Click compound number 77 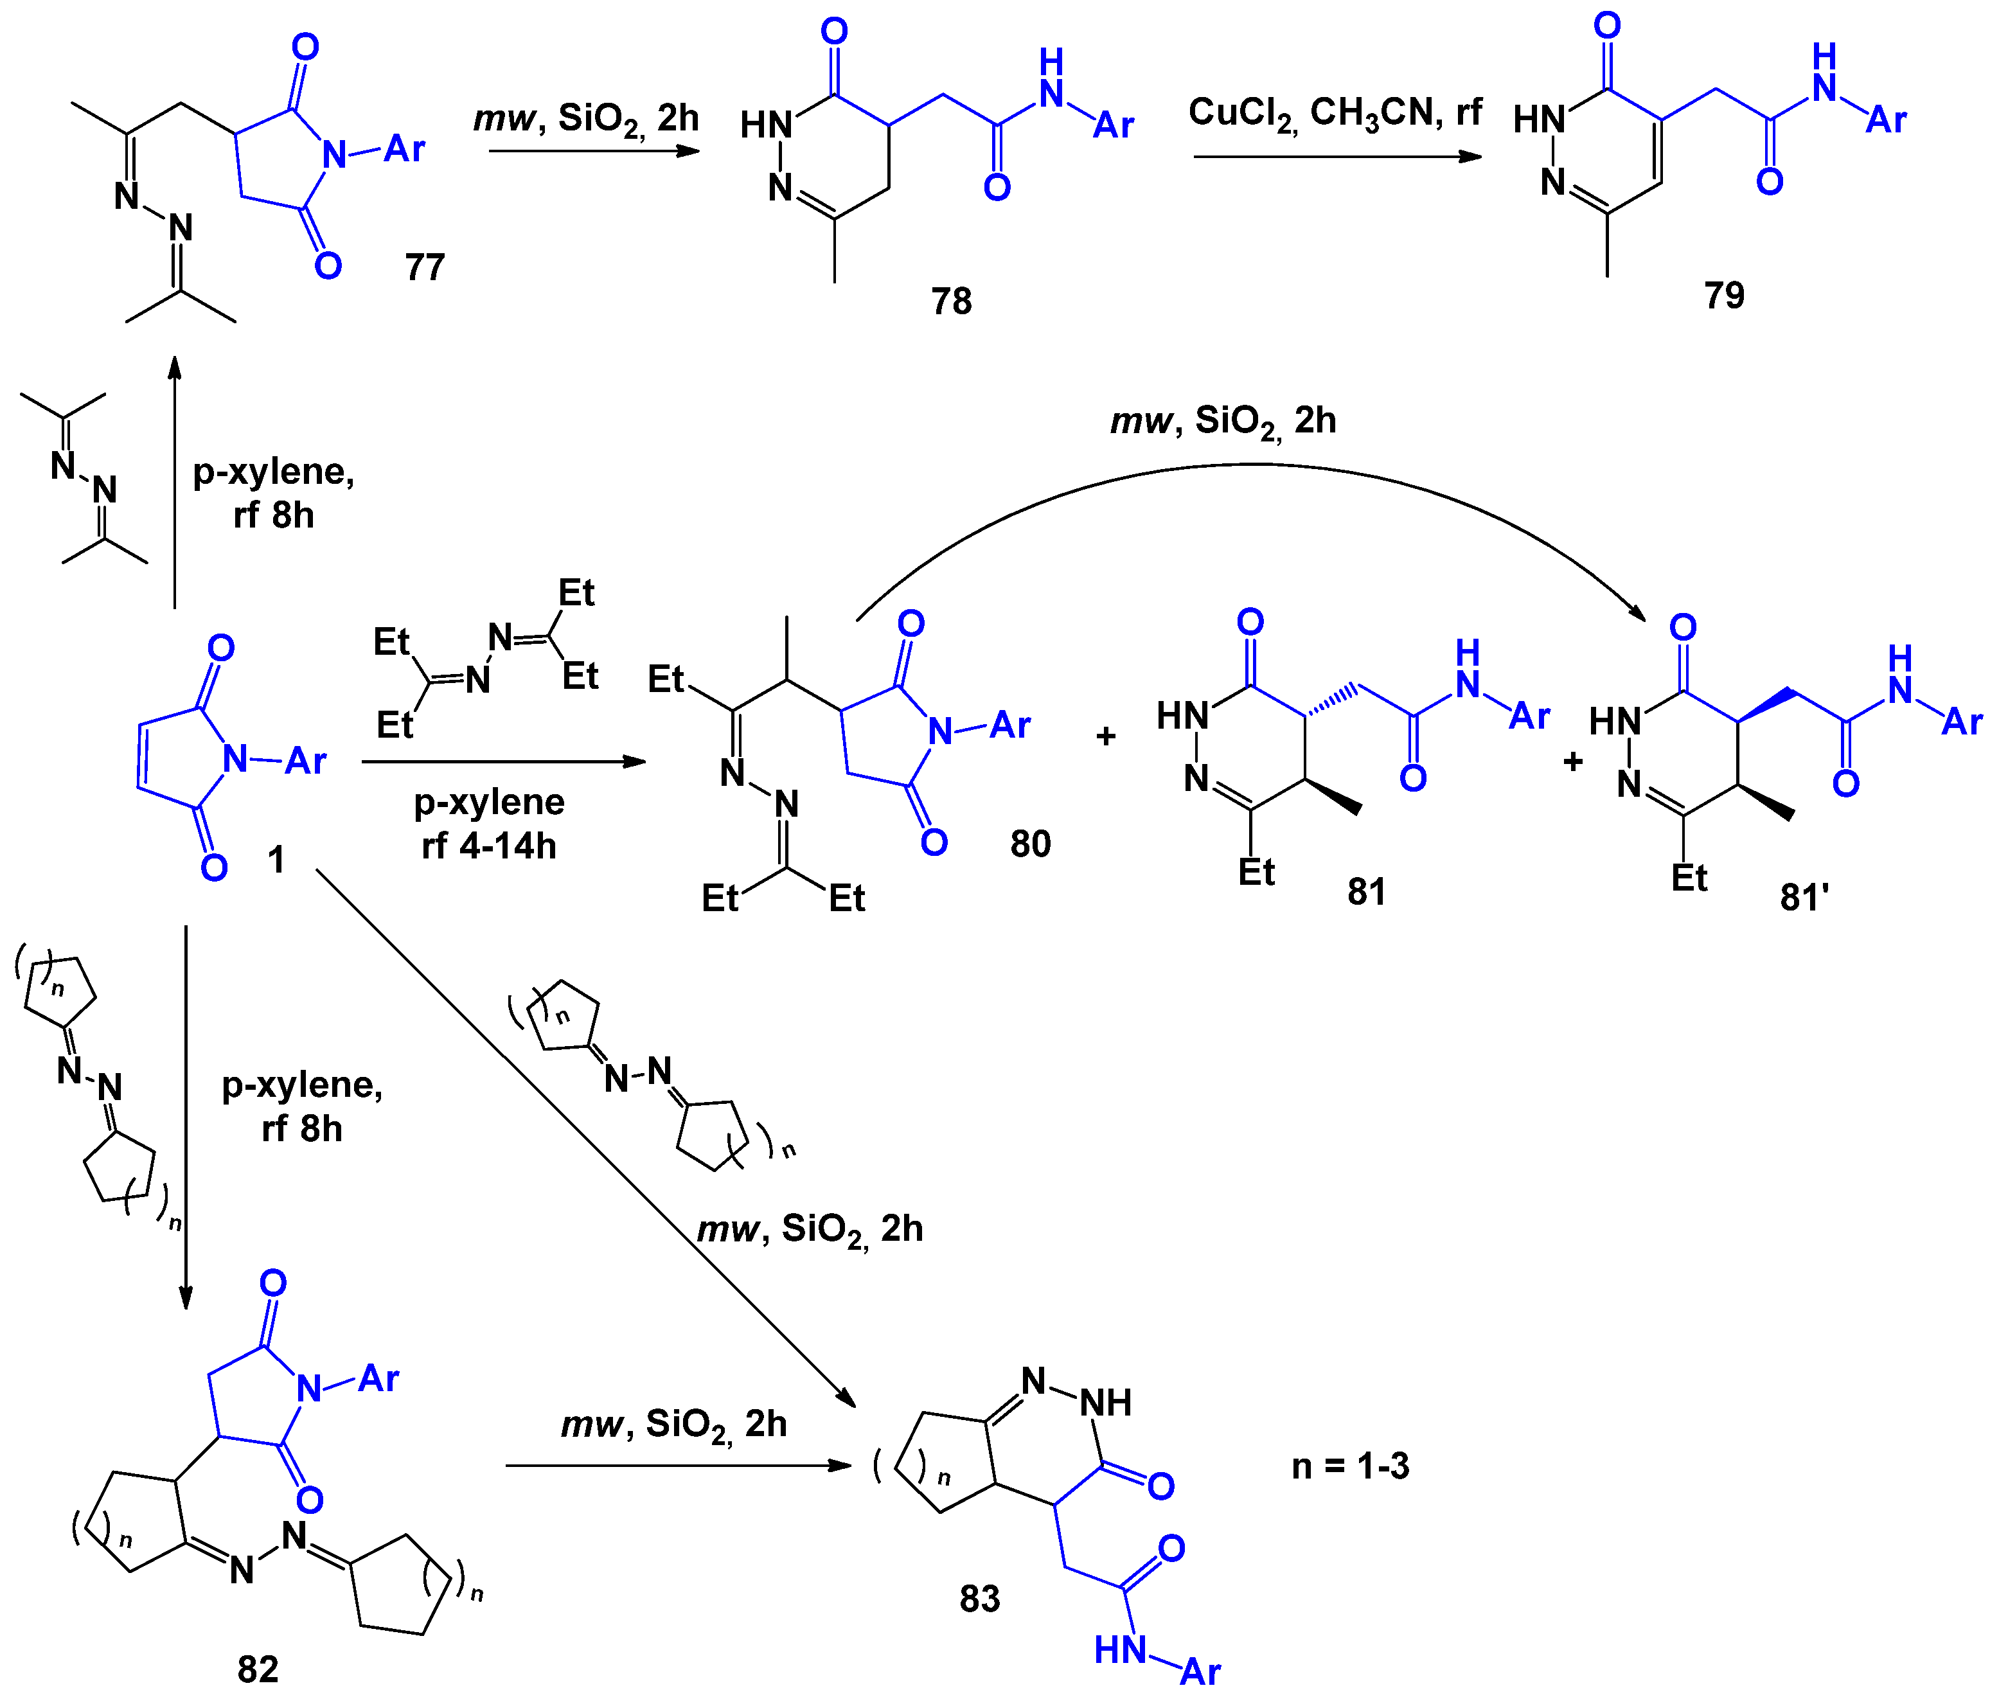pyautogui.click(x=424, y=267)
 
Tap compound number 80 pyautogui.click(x=1029, y=844)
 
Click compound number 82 pyautogui.click(x=258, y=1669)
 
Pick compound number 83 pyautogui.click(x=979, y=1599)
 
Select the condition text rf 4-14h pyautogui.click(x=489, y=846)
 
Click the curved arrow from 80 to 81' pyautogui.click(x=1250, y=466)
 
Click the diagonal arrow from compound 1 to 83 pyautogui.click(x=577, y=1126)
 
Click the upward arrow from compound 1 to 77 pyautogui.click(x=174, y=481)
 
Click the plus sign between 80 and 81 pyautogui.click(x=1105, y=736)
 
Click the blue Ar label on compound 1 pyautogui.click(x=305, y=761)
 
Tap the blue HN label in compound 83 pyautogui.click(x=1120, y=1651)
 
